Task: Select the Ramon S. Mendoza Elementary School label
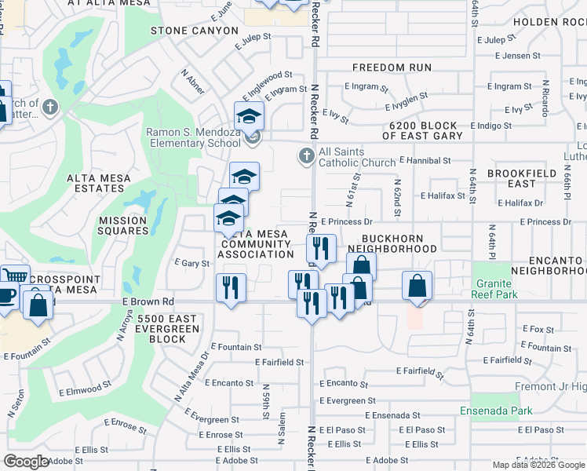[193, 138]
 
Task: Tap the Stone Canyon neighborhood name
[194, 31]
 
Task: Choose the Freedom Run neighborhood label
[392, 68]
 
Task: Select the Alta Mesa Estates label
[104, 184]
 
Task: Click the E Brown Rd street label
[148, 301]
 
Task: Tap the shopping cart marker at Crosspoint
[14, 276]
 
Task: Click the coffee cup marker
[6, 296]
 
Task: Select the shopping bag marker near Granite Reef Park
[417, 285]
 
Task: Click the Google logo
[26, 462]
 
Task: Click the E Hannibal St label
[425, 160]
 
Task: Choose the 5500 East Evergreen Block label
[161, 329]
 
